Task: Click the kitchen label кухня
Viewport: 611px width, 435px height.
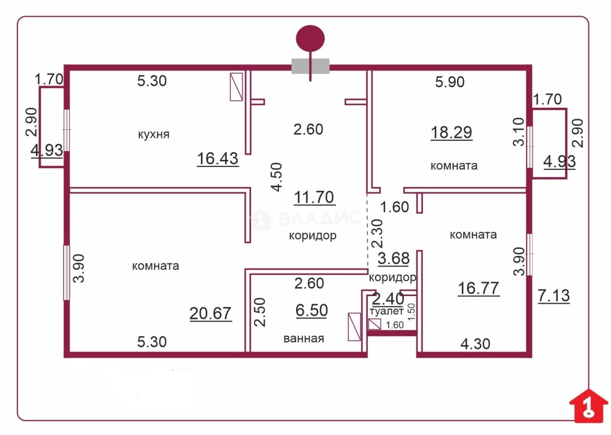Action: click(153, 134)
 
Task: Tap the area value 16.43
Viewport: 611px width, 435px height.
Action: click(218, 159)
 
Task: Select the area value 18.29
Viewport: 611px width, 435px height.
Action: click(452, 133)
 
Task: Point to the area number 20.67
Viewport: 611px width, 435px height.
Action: click(210, 314)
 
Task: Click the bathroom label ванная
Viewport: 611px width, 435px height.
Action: click(304, 338)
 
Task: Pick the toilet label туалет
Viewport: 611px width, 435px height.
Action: click(386, 311)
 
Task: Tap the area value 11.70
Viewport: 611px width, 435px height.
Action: click(314, 197)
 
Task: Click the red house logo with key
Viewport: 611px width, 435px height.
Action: click(589, 406)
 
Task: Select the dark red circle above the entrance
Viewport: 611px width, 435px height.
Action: click(310, 39)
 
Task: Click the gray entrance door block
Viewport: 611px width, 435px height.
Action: click(310, 66)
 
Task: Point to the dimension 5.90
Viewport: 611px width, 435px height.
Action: click(450, 82)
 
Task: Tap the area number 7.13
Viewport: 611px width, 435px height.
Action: click(554, 296)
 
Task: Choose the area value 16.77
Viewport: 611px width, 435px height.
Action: click(478, 288)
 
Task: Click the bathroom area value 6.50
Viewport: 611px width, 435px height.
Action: click(311, 311)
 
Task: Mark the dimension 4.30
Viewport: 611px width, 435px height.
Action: click(475, 344)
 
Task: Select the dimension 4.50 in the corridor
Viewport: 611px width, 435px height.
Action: click(277, 177)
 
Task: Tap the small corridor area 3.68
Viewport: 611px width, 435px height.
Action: click(394, 258)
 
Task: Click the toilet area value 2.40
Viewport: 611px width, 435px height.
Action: click(388, 299)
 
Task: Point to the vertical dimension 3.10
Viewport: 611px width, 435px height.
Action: click(518, 132)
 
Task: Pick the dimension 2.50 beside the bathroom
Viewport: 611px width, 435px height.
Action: click(260, 312)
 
